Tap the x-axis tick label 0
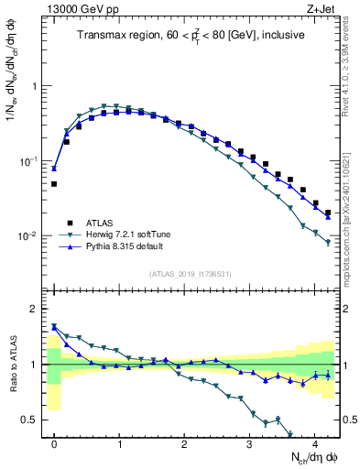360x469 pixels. click(54, 440)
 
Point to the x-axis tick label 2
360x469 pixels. click(184, 440)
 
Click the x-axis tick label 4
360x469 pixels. click(314, 440)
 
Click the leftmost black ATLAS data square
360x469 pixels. click(54, 184)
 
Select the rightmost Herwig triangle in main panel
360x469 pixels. click(328, 242)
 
